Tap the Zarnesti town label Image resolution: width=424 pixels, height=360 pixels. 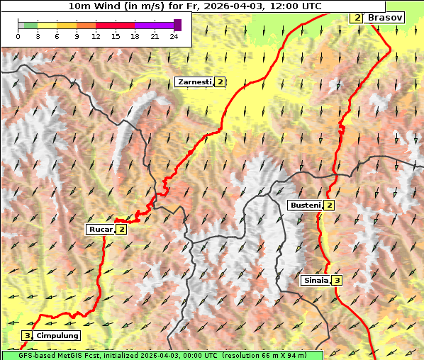click(194, 82)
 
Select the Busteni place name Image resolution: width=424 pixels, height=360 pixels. click(305, 205)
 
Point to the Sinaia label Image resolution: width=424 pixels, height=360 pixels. click(316, 280)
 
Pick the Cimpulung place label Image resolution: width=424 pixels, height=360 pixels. click(57, 335)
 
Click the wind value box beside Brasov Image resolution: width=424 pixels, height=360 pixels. click(357, 17)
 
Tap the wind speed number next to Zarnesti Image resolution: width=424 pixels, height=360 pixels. click(221, 82)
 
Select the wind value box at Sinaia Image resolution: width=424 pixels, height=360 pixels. click(337, 280)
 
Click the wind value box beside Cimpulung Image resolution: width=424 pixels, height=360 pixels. click(27, 335)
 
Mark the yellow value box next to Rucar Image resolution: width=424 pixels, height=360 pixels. click(122, 229)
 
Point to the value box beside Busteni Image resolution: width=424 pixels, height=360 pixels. click(330, 205)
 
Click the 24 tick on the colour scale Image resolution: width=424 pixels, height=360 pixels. click(174, 36)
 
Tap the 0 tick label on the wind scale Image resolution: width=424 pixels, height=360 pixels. click(18, 36)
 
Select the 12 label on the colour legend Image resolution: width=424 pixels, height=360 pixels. click(96, 36)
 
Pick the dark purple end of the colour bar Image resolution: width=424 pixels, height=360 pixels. click(177, 26)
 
